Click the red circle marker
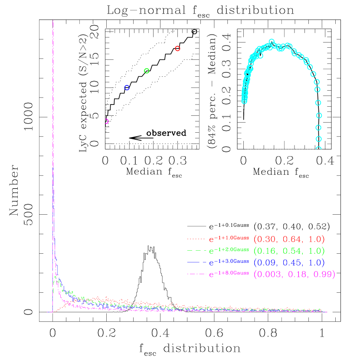pos(177,49)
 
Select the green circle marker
pos(147,71)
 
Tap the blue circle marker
pos(127,88)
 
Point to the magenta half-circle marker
pos(106,121)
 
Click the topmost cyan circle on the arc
pos(272,42)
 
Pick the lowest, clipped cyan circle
pos(319,149)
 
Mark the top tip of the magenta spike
pos(52,21)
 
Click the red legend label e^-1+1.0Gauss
pos(229,239)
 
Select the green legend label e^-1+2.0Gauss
pos(229,250)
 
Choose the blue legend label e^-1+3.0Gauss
pos(229,262)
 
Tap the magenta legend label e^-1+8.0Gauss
pos(229,274)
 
